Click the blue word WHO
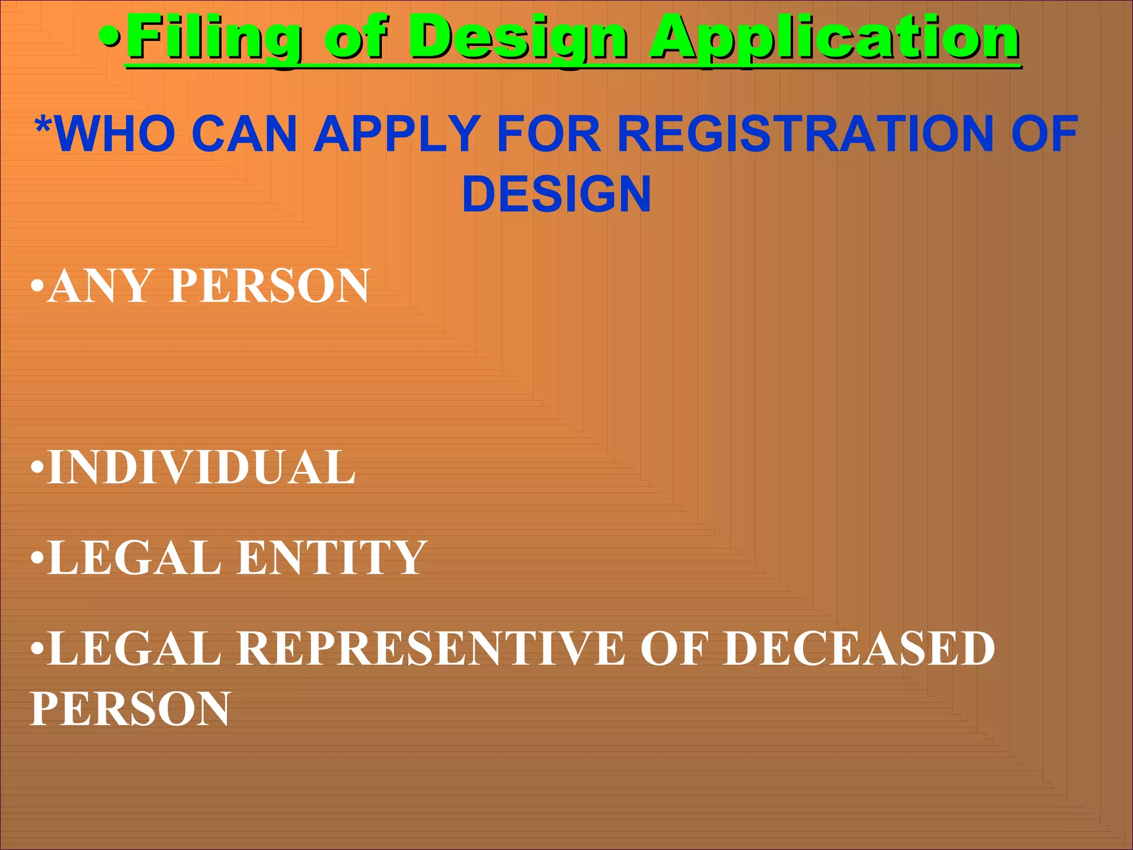117,134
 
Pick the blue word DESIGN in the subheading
557,194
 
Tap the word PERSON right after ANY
269,286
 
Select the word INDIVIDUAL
201,468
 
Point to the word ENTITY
332,558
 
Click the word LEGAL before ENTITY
134,558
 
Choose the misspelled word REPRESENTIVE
432,648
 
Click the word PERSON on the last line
130,709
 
